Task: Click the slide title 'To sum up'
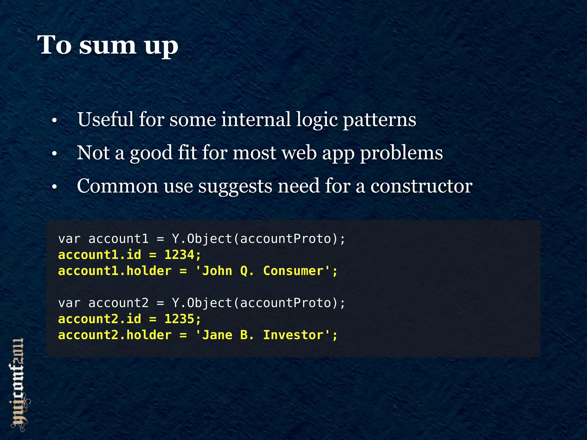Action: [107, 45]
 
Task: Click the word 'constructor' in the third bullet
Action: [421, 186]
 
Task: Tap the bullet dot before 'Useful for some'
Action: [54, 121]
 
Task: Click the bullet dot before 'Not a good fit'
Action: [54, 154]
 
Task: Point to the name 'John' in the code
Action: [217, 271]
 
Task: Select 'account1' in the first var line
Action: [118, 239]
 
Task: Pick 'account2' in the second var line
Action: [118, 303]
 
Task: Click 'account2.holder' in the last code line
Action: [115, 335]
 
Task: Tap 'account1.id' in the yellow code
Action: [99, 255]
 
